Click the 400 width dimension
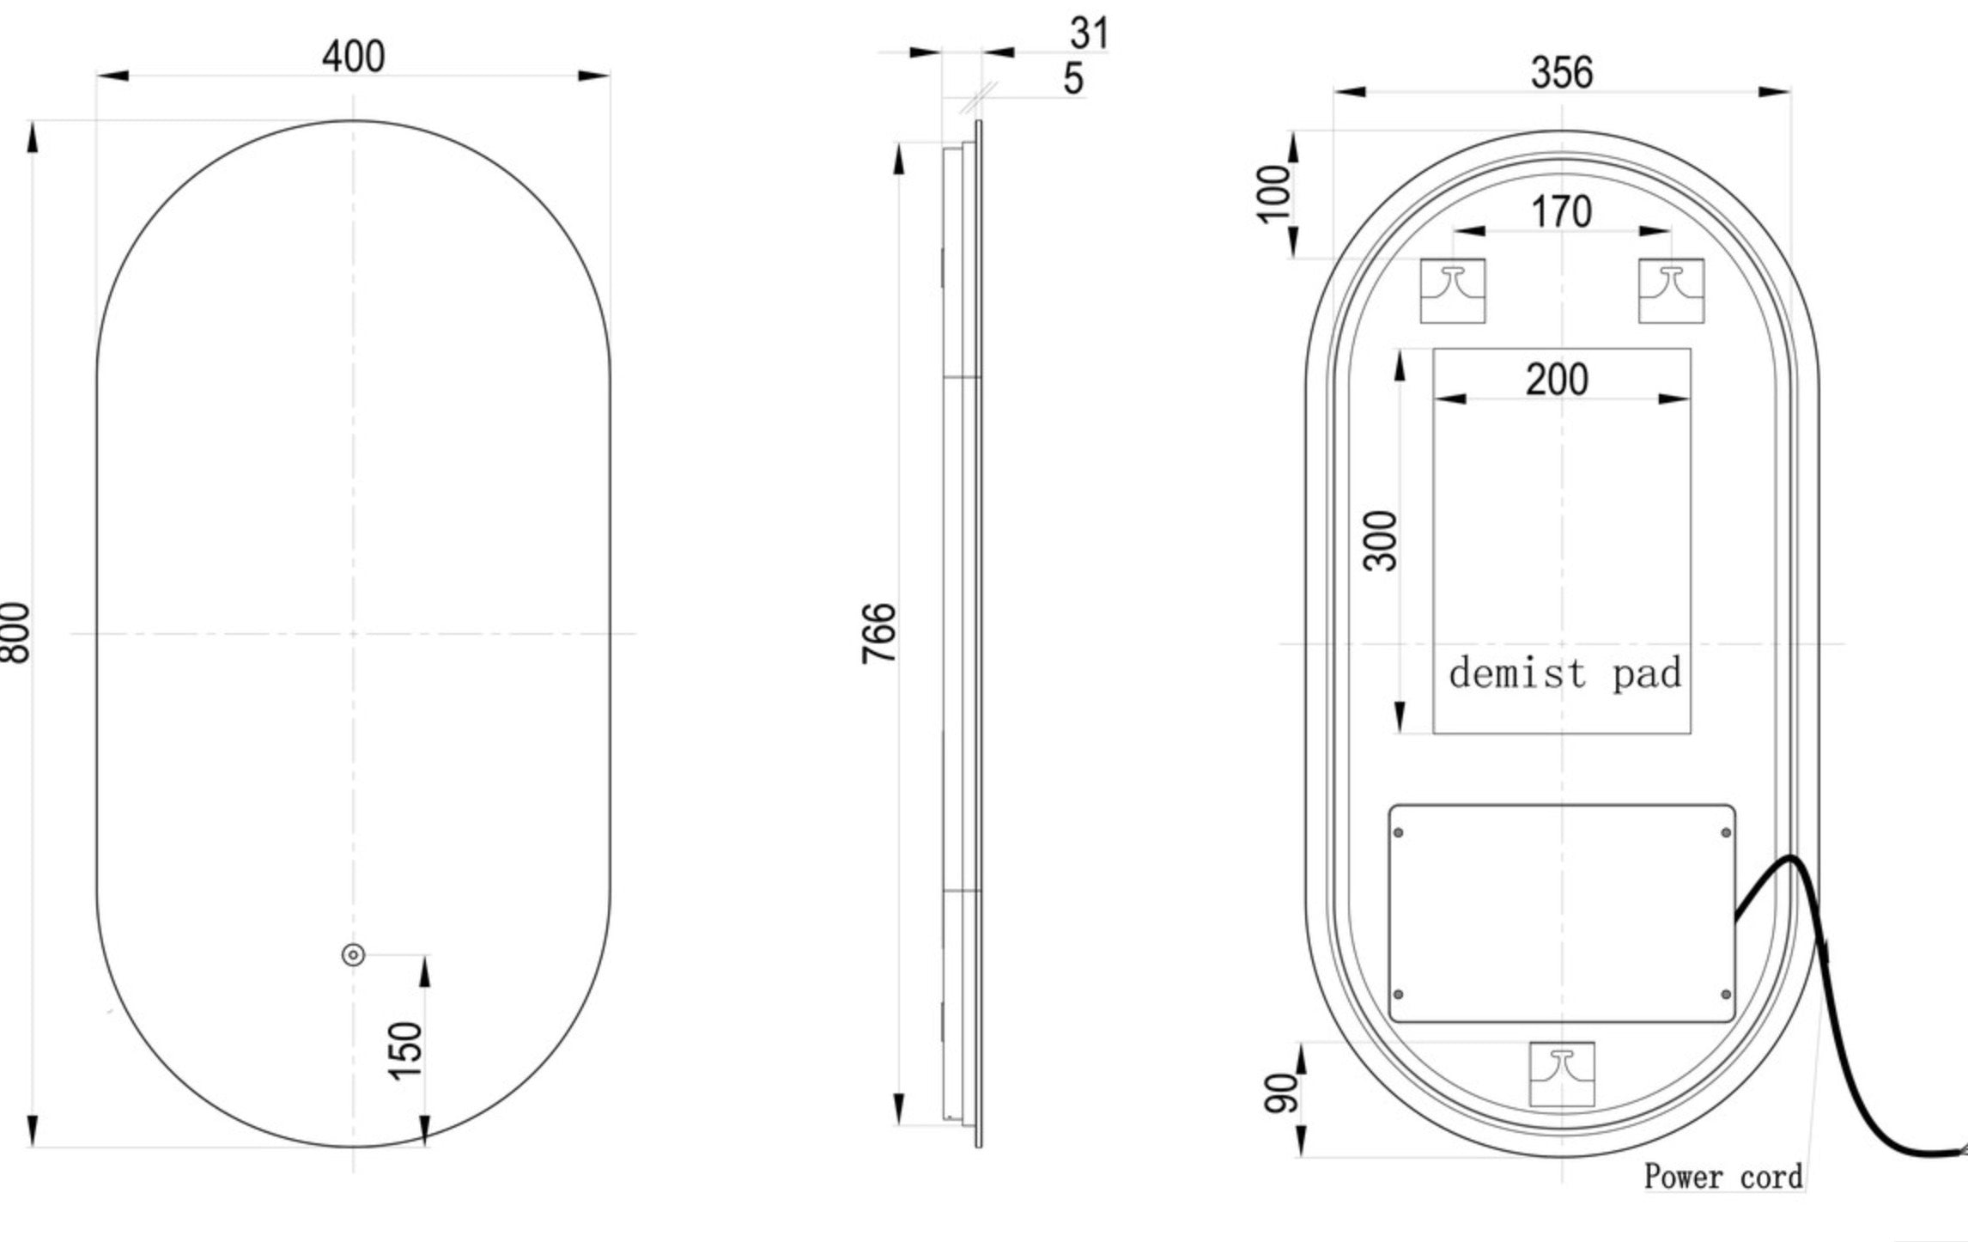[353, 57]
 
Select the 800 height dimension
[15, 632]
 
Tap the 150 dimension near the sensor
[405, 1050]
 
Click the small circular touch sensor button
[353, 955]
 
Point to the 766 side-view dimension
[878, 633]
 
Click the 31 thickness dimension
[1089, 33]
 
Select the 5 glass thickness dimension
[1073, 79]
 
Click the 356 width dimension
[1561, 73]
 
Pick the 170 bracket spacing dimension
[1560, 212]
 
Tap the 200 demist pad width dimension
[1557, 380]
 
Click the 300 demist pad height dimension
[1381, 540]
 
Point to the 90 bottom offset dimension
[1281, 1093]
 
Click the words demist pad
[1564, 673]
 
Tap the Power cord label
[1722, 1177]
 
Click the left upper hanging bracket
[1452, 291]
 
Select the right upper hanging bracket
[1671, 291]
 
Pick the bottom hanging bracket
[1562, 1075]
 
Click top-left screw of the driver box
[1399, 832]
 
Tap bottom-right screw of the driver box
[1726, 995]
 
